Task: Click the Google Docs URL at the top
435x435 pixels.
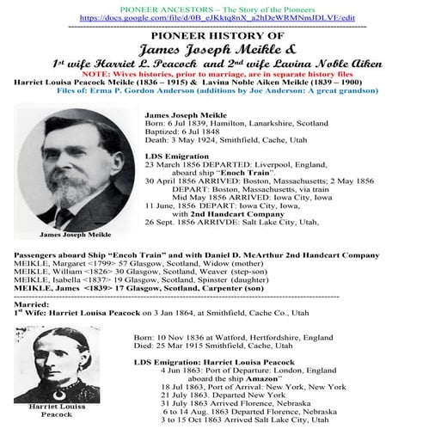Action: tap(217, 16)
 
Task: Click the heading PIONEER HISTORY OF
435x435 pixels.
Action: tap(217, 37)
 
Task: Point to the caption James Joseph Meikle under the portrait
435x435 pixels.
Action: tap(65, 233)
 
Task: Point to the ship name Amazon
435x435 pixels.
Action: tap(260, 378)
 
